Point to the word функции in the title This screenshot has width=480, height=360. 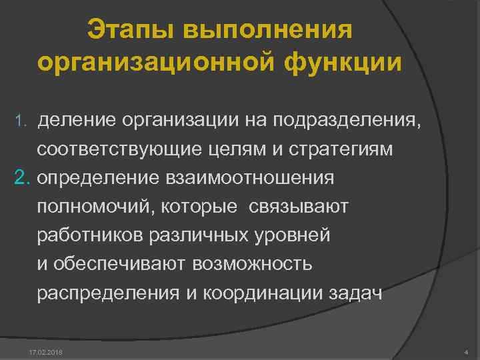point(344,63)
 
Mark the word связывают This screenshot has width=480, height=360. point(299,207)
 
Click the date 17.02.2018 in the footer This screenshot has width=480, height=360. point(44,351)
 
